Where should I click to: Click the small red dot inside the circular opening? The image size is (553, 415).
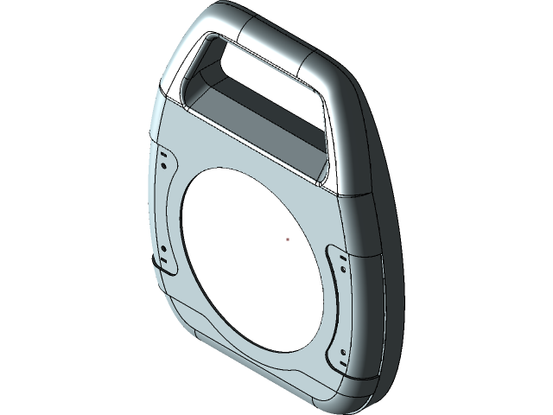coord(288,239)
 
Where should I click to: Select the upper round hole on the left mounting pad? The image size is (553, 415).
coord(162,152)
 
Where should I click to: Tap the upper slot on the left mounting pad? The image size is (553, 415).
coord(162,164)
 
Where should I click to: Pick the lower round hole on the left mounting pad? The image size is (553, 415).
coord(162,249)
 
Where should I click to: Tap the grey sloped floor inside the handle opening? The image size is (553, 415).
coord(259,121)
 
